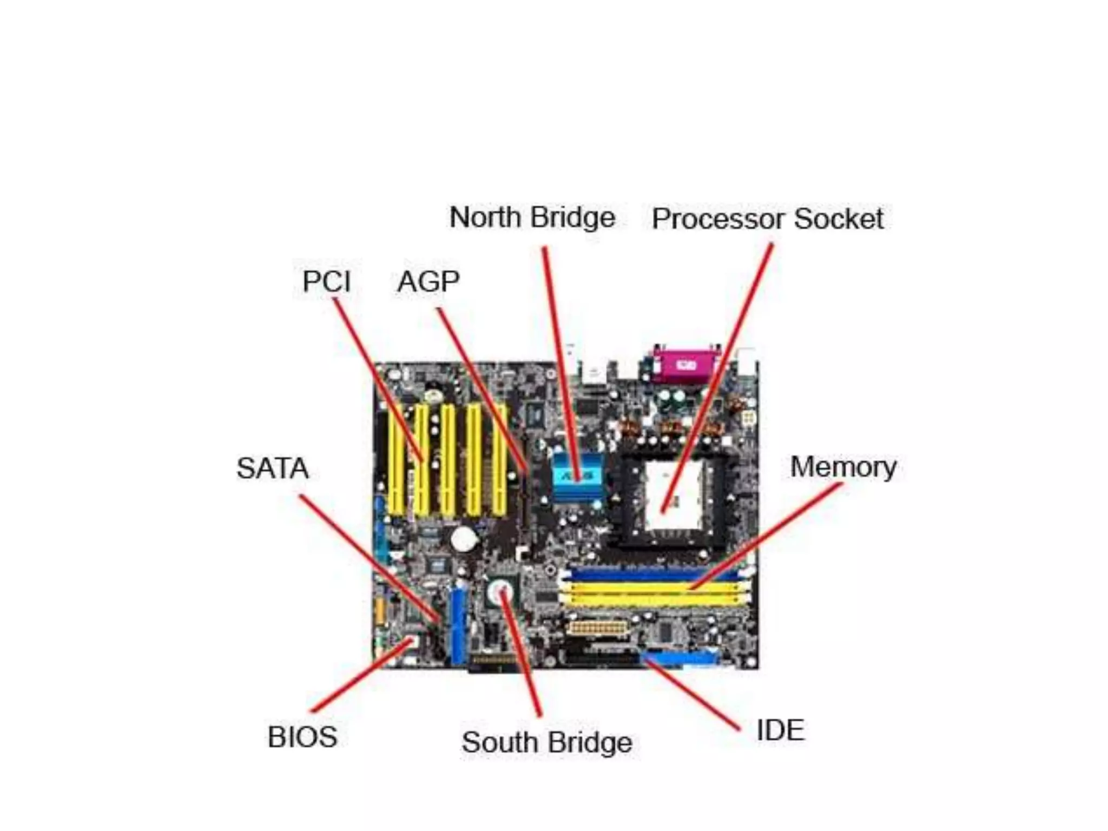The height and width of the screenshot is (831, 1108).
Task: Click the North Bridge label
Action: (532, 218)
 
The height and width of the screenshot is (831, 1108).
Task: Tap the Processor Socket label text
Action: (767, 219)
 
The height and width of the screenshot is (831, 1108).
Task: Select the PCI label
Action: (327, 281)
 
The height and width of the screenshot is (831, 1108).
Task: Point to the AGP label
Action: (428, 281)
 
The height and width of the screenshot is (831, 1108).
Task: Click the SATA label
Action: (273, 469)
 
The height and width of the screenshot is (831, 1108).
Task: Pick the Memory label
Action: (843, 467)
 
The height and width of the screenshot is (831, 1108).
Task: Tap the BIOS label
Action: (302, 737)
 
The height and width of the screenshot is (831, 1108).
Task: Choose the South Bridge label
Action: (546, 742)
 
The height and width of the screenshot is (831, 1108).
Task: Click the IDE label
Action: (780, 730)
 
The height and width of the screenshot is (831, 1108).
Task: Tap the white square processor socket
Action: (674, 496)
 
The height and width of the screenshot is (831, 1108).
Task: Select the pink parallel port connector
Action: (685, 366)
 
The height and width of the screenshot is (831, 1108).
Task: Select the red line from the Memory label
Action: (768, 536)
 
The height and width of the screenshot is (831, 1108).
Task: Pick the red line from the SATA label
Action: (368, 557)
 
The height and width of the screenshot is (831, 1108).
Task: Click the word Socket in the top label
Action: (838, 219)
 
